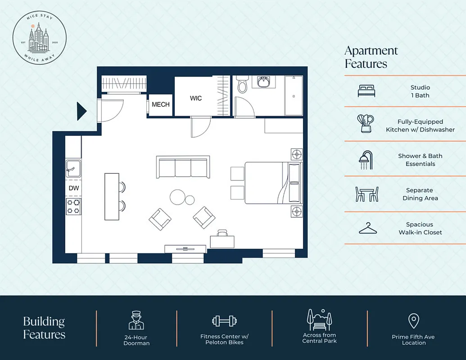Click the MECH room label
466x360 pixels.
pos(161,104)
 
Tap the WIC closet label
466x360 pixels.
pos(196,98)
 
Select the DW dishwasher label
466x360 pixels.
pos(74,188)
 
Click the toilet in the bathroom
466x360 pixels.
pos(243,84)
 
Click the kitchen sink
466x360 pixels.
pos(73,169)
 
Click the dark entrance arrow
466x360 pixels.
pos(81,111)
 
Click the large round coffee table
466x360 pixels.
pos(177,197)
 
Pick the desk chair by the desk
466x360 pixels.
pos(222,233)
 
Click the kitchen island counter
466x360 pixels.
pos(112,197)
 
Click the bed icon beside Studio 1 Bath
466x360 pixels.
pos(366,91)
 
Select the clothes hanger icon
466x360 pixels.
pos(368,229)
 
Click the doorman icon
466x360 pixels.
pos(136,320)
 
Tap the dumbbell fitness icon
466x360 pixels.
pos(224,321)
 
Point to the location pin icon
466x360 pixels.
pos(413,321)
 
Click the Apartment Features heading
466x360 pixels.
pos(371,57)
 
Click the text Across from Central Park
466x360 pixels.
pos(319,338)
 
